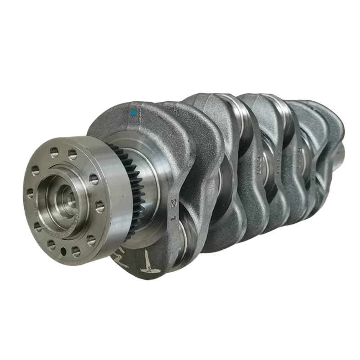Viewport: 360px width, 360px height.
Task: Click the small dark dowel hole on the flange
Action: (63, 250)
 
